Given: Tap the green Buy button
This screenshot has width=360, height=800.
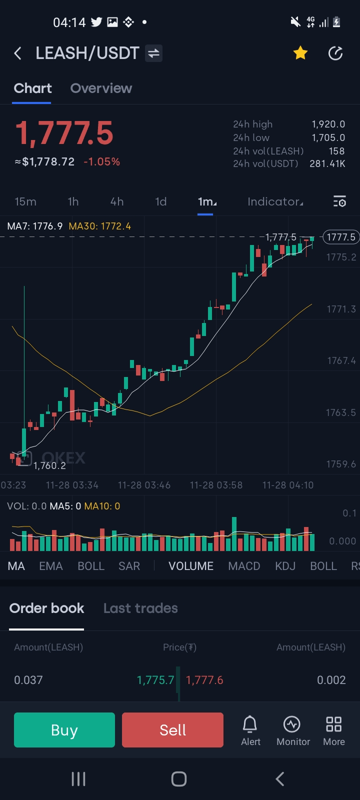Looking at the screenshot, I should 64,730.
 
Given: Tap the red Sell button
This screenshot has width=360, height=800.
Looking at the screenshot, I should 172,730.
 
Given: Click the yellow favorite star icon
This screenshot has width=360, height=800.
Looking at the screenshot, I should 300,53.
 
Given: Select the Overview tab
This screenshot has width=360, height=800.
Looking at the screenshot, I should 101,88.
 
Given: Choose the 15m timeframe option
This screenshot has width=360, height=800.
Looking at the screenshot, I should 25,201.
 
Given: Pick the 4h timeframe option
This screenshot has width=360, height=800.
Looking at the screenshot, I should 116,201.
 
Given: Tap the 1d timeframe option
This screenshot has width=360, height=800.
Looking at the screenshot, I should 160,201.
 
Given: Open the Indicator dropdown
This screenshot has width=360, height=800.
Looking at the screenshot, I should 275,201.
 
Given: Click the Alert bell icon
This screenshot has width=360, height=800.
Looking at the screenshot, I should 250,730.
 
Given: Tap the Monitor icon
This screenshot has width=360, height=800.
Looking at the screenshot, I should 293,730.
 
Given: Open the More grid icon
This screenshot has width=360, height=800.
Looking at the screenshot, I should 333,730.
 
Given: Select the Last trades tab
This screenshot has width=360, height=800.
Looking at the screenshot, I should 140,608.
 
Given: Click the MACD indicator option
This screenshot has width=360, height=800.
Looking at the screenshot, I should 244,566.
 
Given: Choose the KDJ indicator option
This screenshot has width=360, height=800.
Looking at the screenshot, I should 285,566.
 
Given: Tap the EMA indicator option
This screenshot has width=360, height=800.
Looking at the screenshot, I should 51,566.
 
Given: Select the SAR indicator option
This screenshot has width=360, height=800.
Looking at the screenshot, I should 129,566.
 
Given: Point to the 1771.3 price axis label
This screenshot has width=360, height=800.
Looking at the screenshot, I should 341,309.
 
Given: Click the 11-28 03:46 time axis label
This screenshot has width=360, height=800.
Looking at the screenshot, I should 144,485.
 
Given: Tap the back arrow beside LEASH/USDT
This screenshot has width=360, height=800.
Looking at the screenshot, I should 18,53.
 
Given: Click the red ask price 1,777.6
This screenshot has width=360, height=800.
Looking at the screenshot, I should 204,680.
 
